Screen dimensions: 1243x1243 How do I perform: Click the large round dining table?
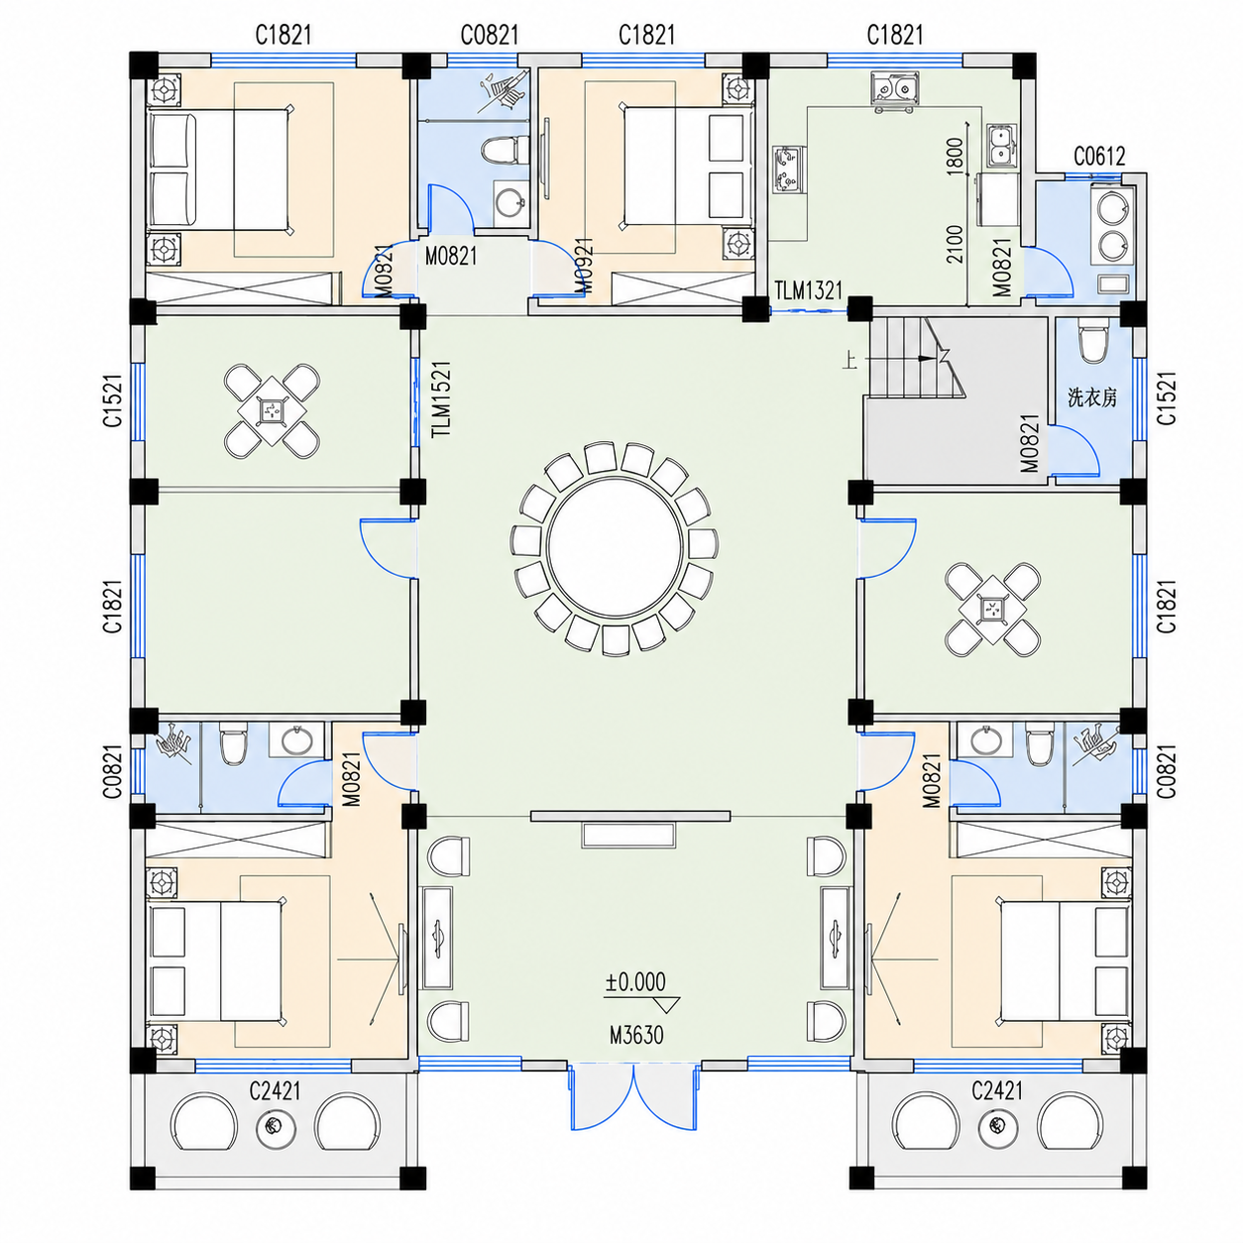(614, 547)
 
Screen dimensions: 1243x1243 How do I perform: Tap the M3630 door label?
(636, 1035)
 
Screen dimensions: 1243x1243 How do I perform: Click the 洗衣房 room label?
(1091, 397)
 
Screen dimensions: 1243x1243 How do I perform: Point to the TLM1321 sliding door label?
(808, 290)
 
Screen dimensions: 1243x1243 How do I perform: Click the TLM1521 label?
(442, 398)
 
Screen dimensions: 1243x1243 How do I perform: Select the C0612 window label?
(1099, 156)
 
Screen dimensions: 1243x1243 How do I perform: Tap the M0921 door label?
(584, 265)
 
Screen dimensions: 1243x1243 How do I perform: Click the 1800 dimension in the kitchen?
(955, 156)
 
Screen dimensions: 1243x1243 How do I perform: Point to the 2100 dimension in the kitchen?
(955, 244)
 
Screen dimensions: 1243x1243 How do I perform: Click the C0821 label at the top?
(489, 34)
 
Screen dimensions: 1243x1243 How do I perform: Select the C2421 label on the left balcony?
(275, 1090)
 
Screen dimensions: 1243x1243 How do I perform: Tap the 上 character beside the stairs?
(850, 360)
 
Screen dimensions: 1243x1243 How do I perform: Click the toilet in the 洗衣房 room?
(1090, 343)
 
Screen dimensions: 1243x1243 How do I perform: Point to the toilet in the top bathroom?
(505, 151)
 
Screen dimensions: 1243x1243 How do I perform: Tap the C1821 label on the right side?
(1167, 606)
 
